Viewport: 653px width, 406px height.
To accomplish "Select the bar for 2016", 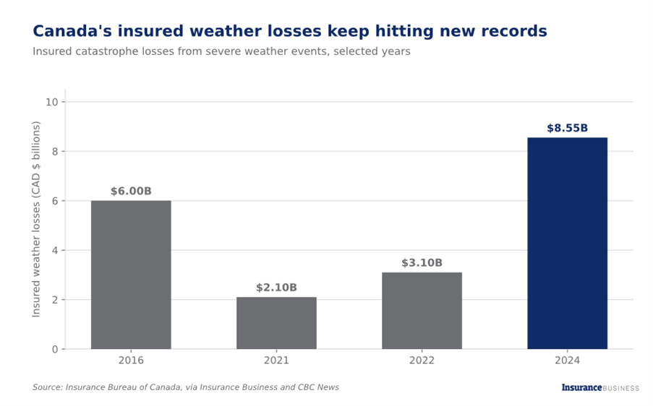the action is (131, 275).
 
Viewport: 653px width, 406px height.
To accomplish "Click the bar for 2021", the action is (276, 323).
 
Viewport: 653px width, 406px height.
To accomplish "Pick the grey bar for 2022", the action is (422, 311).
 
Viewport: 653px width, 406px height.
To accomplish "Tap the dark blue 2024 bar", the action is (567, 243).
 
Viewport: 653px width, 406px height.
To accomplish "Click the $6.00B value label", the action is (131, 191).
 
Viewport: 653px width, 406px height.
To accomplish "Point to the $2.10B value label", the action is (276, 288).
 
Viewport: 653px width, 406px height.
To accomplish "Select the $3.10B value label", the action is (422, 263).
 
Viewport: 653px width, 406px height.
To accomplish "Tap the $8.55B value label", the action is (567, 128).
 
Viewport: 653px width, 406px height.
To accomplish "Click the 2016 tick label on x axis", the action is (131, 360).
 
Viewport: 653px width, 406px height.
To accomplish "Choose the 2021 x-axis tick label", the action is (276, 360).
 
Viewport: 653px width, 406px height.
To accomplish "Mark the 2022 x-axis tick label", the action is (422, 360).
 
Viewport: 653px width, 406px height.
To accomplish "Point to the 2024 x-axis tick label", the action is (567, 360).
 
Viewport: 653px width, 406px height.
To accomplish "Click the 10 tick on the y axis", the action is (52, 102).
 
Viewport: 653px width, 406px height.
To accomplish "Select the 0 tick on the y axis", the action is (55, 350).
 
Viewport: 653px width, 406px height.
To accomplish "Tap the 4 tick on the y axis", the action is (55, 251).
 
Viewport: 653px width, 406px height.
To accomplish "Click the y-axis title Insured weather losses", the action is (36, 219).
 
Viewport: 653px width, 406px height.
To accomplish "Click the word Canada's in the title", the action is (72, 31).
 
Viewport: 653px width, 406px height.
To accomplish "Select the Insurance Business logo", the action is (600, 388).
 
